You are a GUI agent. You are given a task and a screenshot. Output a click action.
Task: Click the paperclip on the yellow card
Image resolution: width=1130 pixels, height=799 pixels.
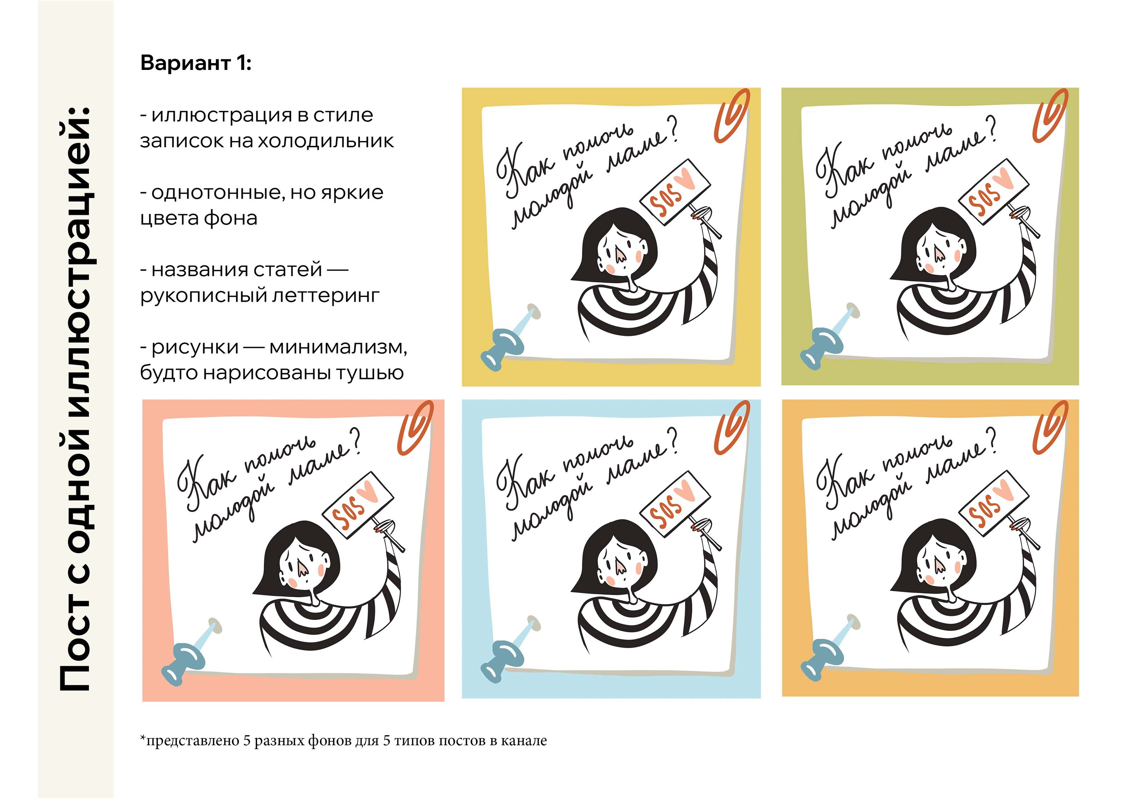732,116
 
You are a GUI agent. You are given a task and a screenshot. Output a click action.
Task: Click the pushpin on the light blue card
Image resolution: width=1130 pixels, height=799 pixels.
510,649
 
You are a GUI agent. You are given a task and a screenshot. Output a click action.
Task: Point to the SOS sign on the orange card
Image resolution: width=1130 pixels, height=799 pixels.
994,504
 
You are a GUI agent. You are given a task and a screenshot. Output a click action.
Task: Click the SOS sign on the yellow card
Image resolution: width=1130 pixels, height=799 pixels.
675,192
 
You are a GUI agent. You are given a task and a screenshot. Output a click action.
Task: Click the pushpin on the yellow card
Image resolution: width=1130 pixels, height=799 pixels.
510,336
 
